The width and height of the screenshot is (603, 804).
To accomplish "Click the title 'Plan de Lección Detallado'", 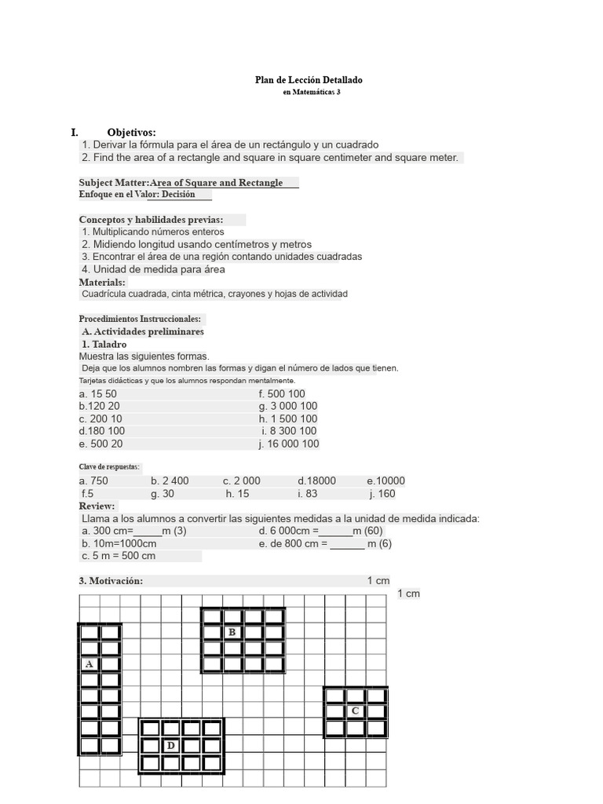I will pos(309,80).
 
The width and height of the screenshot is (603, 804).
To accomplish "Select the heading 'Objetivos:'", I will pos(131,133).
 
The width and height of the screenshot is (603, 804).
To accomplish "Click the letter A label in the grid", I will pos(89,664).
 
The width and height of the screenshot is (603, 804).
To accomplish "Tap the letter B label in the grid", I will pos(232,632).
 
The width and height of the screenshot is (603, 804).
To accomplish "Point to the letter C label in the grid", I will pos(355,711).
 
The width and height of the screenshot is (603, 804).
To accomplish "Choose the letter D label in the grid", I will pos(170,745).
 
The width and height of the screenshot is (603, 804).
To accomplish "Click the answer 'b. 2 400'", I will pos(170,481).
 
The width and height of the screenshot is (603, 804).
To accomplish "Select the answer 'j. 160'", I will pos(382,494).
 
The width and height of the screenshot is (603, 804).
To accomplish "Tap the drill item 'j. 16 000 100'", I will pos(289,444).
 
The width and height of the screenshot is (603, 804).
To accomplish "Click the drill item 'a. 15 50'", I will pos(98,393).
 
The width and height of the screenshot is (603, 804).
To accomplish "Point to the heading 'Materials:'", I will pos(102,282).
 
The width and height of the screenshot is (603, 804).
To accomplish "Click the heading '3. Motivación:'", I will pos(111,581).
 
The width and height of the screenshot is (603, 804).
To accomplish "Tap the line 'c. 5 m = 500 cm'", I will pos(119,555).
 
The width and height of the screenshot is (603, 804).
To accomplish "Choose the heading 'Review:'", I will pos(97,506).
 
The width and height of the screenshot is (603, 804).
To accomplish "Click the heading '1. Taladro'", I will pos(104,344).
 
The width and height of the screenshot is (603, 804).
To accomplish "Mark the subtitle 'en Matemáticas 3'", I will pos(311,92).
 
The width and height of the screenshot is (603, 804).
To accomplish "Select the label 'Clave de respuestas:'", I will pos(109,467).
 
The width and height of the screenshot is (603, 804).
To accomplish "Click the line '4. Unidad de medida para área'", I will pos(153,269).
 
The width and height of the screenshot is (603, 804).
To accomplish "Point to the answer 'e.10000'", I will pos(386,481).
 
